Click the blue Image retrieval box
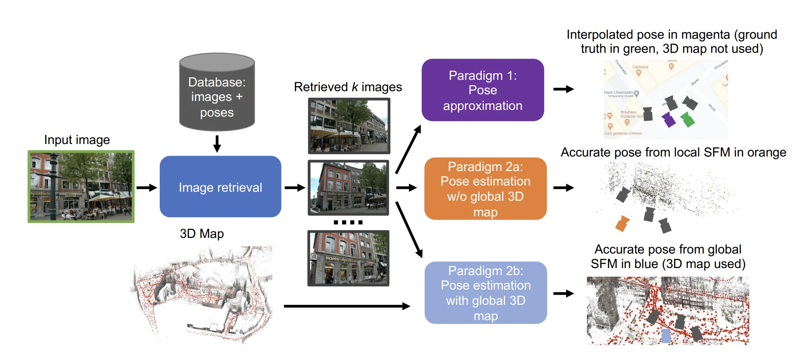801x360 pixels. pos(220,187)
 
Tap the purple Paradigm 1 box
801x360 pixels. pos(483,90)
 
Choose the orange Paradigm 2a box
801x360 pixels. pos(485,189)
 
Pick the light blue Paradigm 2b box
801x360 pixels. pos(485,293)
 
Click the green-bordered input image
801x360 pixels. pos(81,187)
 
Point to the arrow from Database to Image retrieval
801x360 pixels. pos(217,144)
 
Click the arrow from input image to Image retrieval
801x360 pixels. pos(147,188)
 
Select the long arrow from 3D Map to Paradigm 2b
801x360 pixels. pos(346,306)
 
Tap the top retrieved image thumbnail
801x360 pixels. pos(349,126)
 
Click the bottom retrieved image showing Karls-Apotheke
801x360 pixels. pos(348,258)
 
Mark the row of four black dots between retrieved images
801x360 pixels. pos(348,222)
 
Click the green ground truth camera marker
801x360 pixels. pos(687,119)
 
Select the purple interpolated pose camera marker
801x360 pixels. pos(669,120)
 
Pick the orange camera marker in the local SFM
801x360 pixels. pos(622,223)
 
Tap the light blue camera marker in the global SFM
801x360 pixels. pos(666,336)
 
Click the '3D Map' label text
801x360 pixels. pos(202,234)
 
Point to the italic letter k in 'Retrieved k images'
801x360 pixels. pos(355,87)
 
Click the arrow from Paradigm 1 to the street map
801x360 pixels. pos(563,89)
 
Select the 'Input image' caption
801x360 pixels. pos(77,140)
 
